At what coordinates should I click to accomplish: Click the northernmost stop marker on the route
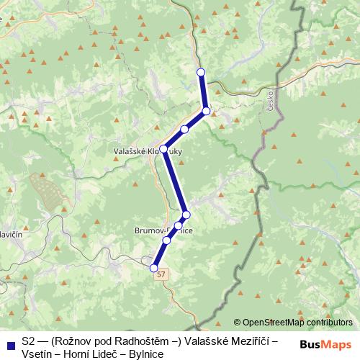click(x=201, y=71)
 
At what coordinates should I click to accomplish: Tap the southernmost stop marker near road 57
click(x=153, y=268)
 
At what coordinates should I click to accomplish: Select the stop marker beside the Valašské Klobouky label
click(x=163, y=148)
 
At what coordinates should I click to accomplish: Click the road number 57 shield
click(x=161, y=275)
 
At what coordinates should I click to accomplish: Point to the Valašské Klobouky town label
click(x=140, y=152)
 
